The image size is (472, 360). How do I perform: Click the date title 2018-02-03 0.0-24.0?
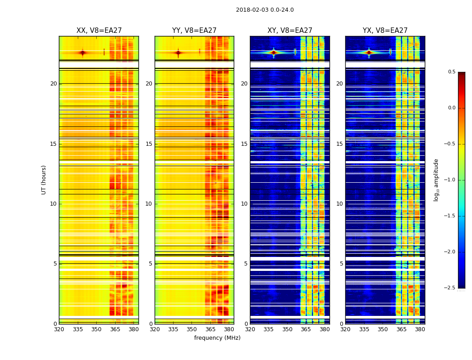pos(265,10)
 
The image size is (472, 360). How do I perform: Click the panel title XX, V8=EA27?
pos(99,31)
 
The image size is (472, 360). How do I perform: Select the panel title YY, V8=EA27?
pos(194,31)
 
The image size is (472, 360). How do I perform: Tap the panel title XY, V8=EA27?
pos(289,31)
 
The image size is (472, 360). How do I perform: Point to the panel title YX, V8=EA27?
pos(385,31)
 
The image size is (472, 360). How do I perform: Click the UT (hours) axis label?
pos(44,180)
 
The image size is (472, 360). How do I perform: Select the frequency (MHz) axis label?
pos(217,338)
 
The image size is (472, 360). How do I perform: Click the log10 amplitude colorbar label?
pos(436,180)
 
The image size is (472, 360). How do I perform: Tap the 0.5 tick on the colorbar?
pos(452,72)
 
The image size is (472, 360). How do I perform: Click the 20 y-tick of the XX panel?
pos(53,84)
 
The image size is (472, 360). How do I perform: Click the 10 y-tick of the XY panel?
pos(244,204)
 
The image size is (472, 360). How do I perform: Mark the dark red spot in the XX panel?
pos(82,53)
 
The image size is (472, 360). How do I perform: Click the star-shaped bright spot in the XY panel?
pos(273,52)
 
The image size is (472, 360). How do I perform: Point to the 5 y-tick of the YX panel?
pos(341,264)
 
